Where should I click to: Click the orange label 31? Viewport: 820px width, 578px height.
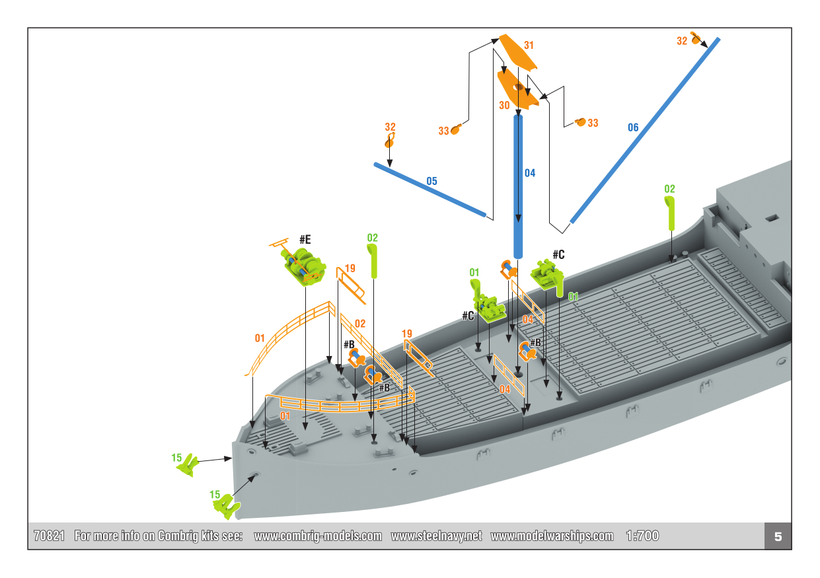pos(529,46)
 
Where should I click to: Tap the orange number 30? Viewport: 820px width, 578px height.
pos(504,105)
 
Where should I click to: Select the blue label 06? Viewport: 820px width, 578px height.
pos(633,127)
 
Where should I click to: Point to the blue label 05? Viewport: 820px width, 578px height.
pos(431,181)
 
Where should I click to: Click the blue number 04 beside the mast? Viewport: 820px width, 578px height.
pos(530,173)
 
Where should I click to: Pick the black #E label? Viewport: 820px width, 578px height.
pos(305,238)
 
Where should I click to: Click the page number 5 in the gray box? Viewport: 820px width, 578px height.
pos(778,536)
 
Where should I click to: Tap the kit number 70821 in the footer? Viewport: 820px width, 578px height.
pos(49,536)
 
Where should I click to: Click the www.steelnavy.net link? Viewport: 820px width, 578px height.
pos(436,536)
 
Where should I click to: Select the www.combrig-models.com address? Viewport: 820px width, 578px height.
pos(318,536)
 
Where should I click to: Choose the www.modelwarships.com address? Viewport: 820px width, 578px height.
pos(552,536)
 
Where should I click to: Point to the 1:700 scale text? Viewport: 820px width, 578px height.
pos(642,536)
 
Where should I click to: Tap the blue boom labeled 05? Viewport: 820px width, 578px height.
pos(429,189)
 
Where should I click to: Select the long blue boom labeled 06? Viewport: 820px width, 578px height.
pos(644,131)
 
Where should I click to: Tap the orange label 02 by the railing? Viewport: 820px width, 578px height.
pos(360,324)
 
